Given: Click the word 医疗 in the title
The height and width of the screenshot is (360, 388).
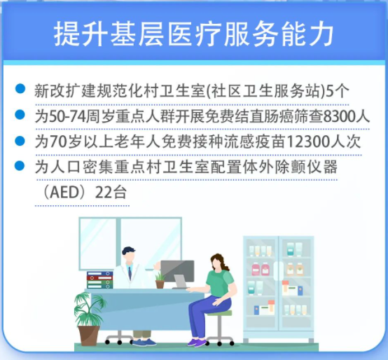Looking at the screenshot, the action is [x=195, y=34].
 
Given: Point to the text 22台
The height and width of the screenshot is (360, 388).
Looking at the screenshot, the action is [x=111, y=192].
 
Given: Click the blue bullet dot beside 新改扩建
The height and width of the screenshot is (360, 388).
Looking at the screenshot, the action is [x=20, y=88].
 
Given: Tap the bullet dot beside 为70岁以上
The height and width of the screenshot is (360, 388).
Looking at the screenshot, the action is [x=20, y=141].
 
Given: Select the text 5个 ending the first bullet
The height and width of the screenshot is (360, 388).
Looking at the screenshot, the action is [x=338, y=91].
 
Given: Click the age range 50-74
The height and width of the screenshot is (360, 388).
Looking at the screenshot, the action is [x=67, y=116].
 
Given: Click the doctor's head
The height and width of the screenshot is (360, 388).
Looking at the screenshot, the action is [x=128, y=255].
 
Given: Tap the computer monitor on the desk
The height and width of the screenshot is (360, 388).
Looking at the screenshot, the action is [x=177, y=271].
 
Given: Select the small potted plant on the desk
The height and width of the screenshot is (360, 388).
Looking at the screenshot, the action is [x=160, y=280].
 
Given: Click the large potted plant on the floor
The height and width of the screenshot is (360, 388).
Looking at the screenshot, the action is [x=88, y=319].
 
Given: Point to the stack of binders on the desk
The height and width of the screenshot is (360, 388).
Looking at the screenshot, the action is [x=99, y=280].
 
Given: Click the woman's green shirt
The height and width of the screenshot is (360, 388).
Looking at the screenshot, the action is [x=220, y=283].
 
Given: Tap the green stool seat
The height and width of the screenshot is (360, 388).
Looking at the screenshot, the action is [x=219, y=313].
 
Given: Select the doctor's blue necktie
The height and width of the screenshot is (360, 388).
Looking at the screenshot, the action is [x=130, y=273].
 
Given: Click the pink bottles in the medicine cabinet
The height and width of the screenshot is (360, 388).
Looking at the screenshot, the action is [x=261, y=270].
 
